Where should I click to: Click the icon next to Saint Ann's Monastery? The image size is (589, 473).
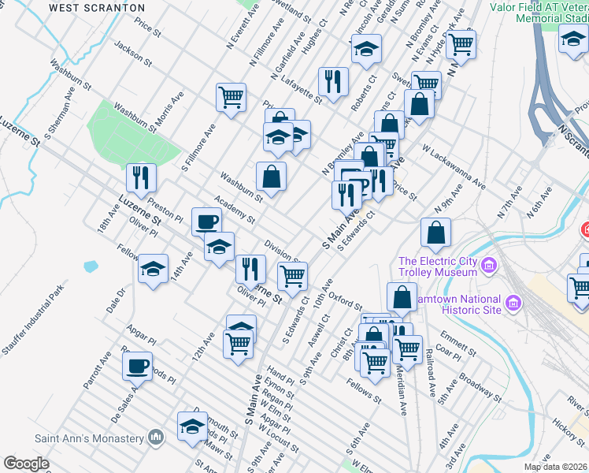click(155, 438)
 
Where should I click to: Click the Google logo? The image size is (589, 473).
click(26, 464)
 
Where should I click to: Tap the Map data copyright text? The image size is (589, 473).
click(556, 466)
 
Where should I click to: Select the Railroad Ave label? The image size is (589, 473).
click(430, 371)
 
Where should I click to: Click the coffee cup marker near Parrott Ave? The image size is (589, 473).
click(138, 367)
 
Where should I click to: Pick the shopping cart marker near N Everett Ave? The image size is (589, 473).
click(232, 99)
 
